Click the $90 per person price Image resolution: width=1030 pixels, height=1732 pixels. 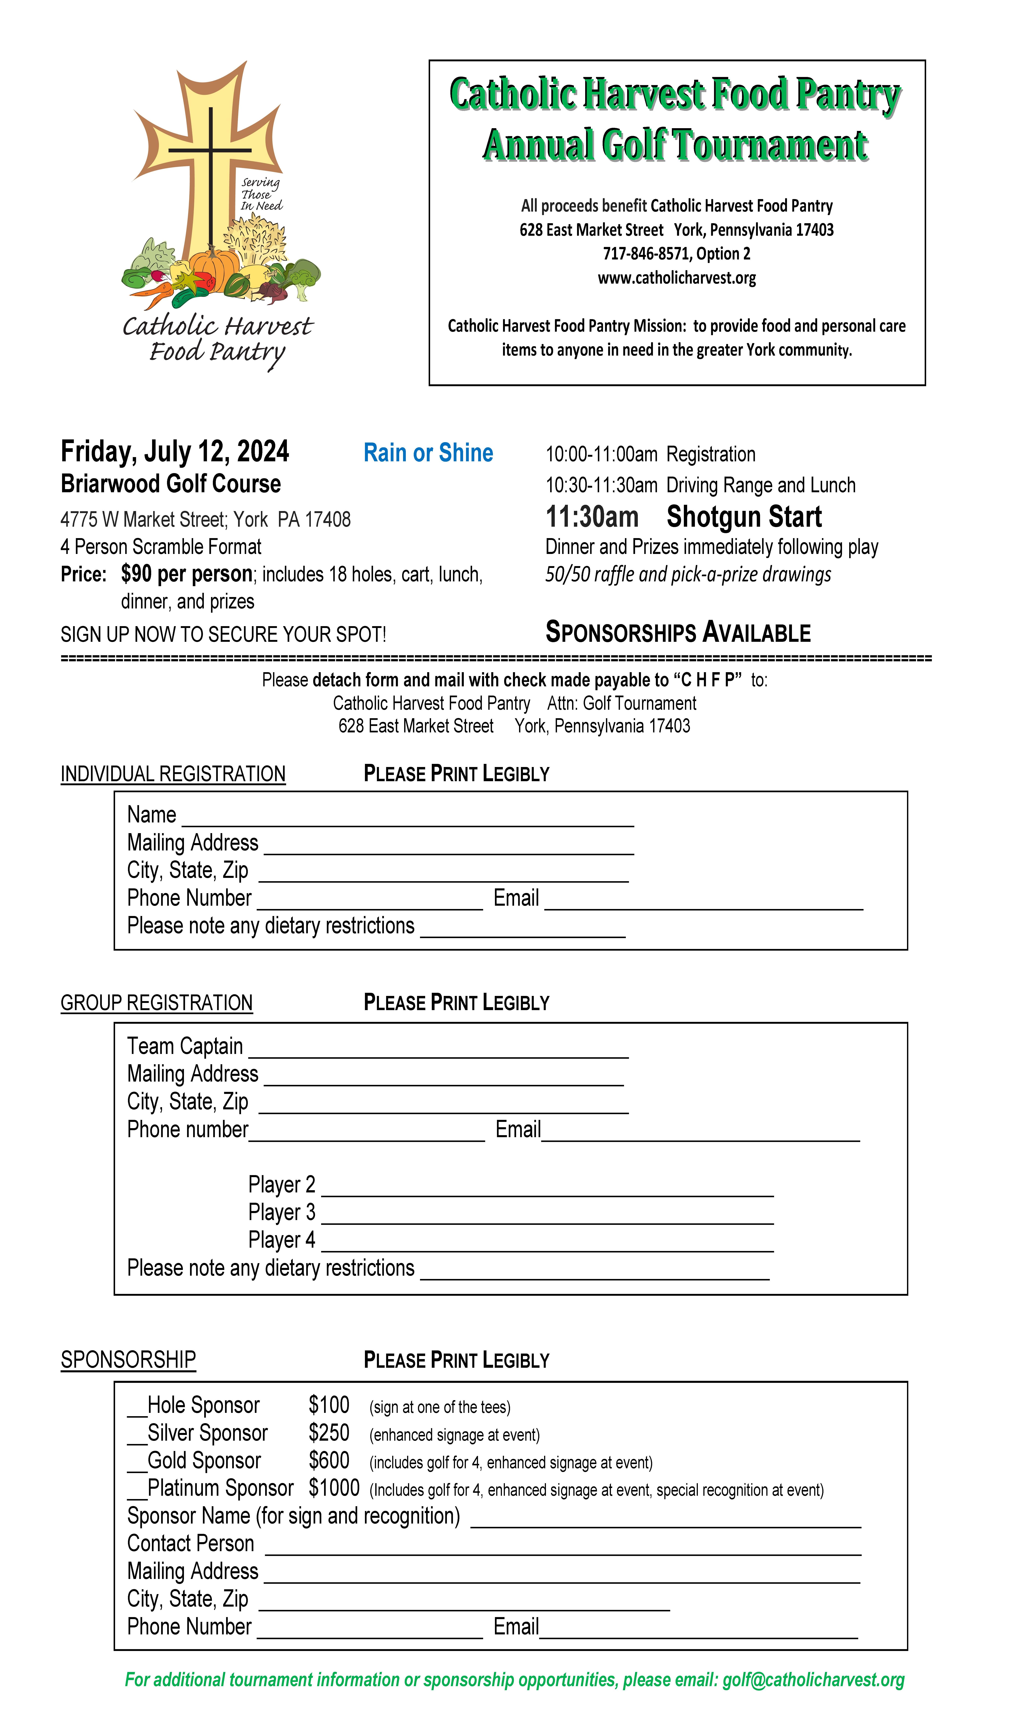click(x=186, y=574)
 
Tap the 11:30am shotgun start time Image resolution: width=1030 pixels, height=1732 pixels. click(x=592, y=517)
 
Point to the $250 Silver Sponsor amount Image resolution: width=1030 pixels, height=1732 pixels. click(x=329, y=1433)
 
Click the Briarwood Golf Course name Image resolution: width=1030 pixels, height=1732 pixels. click(x=171, y=484)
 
